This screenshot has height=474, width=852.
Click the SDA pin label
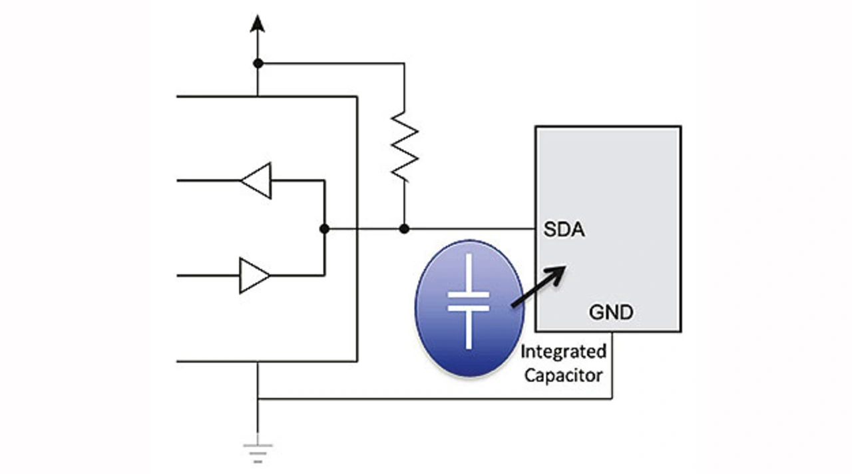point(564,231)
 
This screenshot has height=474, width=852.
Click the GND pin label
point(611,312)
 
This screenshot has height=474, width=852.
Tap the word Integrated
point(563,352)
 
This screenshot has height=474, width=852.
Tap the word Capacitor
point(563,375)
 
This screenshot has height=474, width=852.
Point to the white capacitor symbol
point(469,301)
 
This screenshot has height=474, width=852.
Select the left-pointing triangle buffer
point(256,180)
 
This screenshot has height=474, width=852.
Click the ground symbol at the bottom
point(258,452)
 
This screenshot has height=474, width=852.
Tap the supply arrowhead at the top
point(258,25)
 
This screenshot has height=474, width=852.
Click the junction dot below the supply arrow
point(258,63)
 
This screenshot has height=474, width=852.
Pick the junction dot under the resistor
point(404,228)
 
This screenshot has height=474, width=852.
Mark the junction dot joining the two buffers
point(324,228)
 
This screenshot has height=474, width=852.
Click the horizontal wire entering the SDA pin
point(473,228)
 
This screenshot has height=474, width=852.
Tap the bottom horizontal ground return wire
point(433,399)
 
